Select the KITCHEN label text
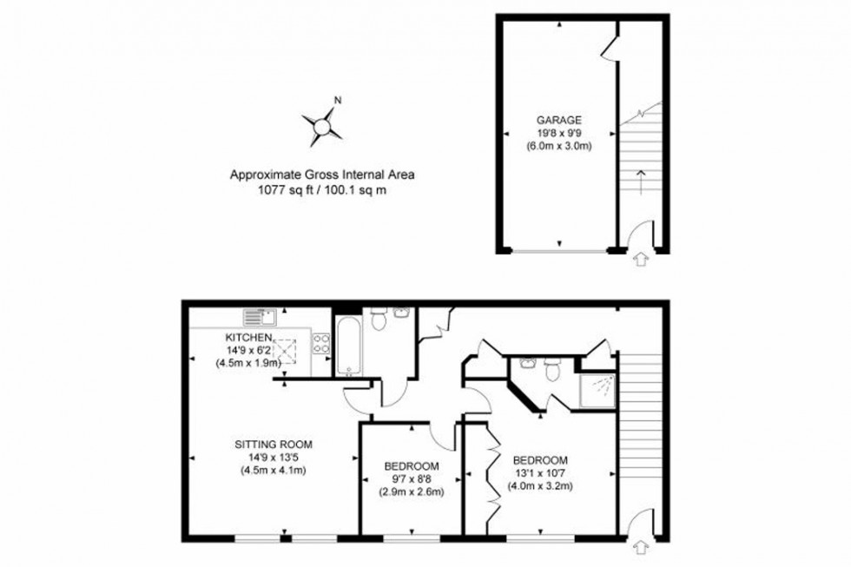249,337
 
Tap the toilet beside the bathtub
379,320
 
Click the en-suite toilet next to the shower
551,371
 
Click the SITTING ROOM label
273,445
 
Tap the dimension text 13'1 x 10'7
540,472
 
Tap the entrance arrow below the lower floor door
642,547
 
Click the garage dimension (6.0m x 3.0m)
558,146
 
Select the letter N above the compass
338,100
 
